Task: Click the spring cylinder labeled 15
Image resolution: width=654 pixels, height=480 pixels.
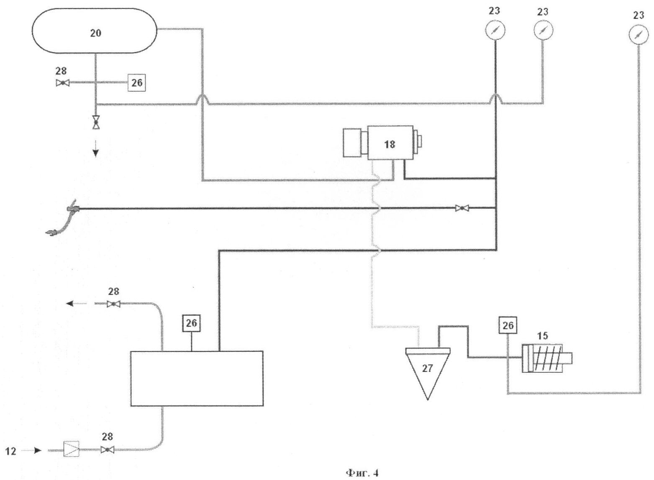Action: tap(546, 359)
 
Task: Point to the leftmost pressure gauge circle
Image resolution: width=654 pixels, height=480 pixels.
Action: tap(495, 30)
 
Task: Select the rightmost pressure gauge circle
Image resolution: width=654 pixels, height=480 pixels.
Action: tap(638, 34)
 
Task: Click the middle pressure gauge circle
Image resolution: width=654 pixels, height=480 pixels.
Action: tap(544, 30)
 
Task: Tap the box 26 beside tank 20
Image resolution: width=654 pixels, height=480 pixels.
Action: tap(137, 83)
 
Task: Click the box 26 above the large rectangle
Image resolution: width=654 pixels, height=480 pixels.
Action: tap(192, 323)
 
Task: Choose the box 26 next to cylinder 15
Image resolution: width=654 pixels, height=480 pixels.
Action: tap(508, 325)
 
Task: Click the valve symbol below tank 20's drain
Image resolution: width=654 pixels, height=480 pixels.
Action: tap(96, 122)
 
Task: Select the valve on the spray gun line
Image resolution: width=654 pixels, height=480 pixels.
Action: tap(462, 208)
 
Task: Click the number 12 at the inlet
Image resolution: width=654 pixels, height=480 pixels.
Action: tap(11, 451)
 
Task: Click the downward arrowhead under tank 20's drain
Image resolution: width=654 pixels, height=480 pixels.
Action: tap(96, 153)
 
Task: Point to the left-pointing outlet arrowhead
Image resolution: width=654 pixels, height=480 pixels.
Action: tap(70, 304)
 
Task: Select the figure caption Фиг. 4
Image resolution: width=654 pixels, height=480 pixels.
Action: tap(362, 473)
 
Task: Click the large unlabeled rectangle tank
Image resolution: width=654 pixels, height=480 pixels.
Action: tap(197, 379)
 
